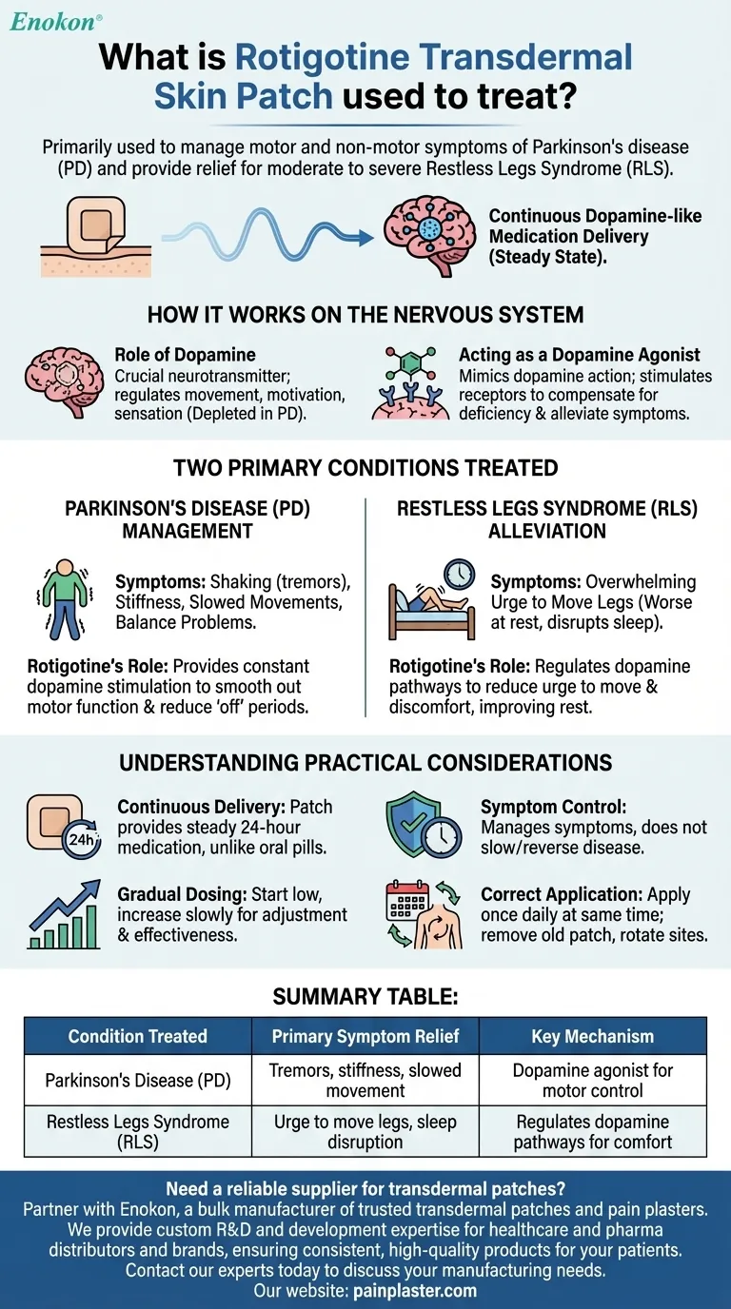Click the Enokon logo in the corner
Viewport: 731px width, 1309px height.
click(x=55, y=21)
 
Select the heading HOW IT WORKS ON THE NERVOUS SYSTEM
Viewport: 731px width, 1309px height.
click(x=365, y=315)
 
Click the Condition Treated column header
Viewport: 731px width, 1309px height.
click(x=138, y=1036)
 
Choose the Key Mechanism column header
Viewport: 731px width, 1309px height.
click(x=592, y=1036)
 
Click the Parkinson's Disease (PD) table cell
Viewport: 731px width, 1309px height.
click(x=138, y=1081)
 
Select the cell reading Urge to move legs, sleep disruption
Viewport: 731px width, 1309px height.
click(x=365, y=1131)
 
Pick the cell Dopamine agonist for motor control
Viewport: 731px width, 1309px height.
click(x=592, y=1081)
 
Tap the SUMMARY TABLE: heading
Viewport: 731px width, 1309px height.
click(x=365, y=996)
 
